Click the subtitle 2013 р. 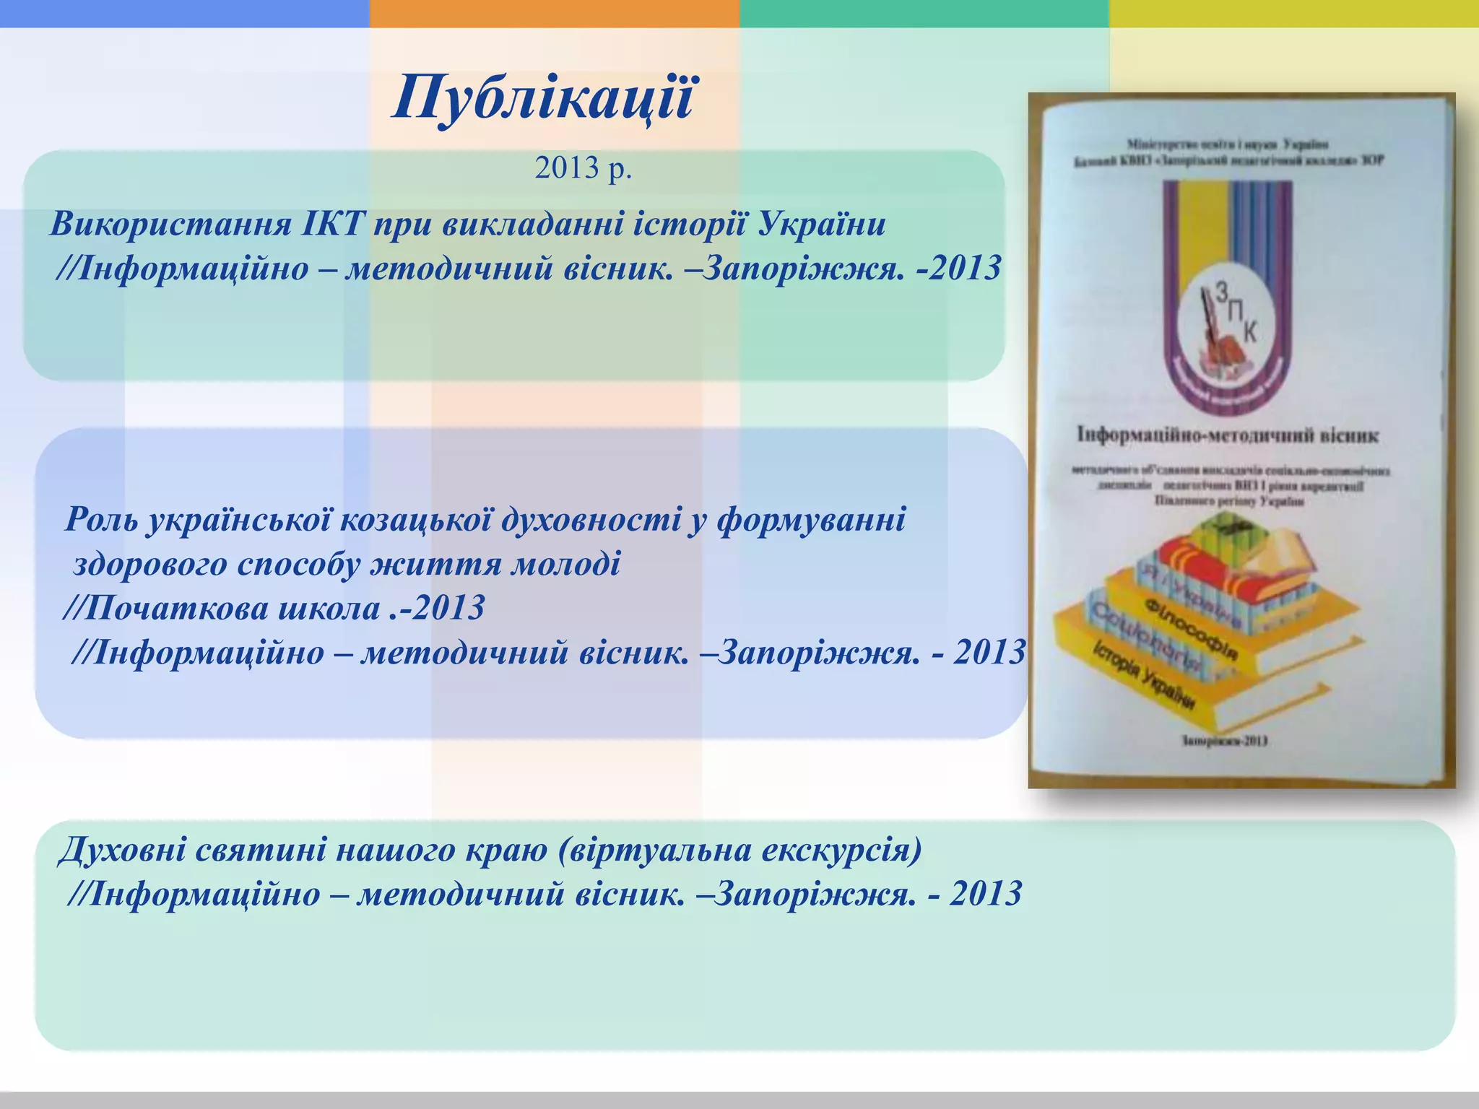583,168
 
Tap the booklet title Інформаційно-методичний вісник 1228,435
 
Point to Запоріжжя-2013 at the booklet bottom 1225,740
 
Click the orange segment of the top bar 554,13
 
